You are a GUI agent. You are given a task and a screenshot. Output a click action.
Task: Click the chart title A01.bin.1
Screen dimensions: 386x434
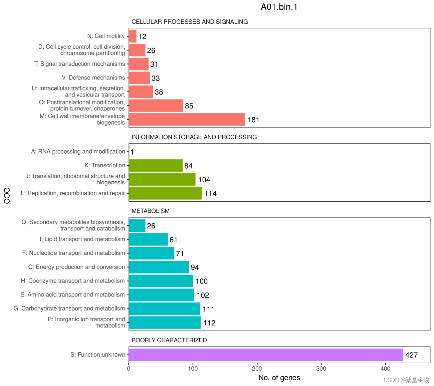[x=279, y=7]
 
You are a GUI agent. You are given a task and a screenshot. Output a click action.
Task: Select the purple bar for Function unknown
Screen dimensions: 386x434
[x=266, y=355]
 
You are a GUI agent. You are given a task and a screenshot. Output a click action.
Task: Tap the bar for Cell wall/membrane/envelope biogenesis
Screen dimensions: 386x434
[x=187, y=120]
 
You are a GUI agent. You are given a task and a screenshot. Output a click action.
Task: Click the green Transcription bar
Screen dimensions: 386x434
[x=156, y=166]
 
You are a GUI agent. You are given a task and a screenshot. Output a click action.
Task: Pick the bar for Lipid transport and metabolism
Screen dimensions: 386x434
[x=148, y=239]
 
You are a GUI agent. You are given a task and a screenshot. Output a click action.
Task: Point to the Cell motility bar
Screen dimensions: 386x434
[x=133, y=36]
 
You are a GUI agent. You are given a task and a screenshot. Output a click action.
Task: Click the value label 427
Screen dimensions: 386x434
[x=411, y=355]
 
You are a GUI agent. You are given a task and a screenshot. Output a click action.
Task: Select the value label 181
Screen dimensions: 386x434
[x=253, y=120]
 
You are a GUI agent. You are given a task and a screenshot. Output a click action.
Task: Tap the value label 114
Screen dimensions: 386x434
[x=210, y=194]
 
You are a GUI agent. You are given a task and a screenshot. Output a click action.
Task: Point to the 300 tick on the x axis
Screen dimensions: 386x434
[x=321, y=369]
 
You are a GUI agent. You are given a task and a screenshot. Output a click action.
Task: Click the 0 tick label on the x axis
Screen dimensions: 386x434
[x=129, y=369]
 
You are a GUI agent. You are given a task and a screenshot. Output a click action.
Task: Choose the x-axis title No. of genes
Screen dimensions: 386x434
[x=279, y=378]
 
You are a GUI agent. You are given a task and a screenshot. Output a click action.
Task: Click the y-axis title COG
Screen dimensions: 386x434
[x=7, y=195]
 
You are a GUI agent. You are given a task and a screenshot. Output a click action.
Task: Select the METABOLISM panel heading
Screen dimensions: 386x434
[x=151, y=211]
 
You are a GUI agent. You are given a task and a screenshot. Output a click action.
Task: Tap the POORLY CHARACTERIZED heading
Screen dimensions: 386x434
[x=169, y=340]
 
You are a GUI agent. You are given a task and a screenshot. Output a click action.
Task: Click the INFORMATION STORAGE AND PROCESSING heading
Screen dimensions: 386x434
[x=194, y=137]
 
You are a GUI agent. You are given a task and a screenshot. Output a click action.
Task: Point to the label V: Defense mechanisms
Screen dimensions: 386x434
[x=93, y=78]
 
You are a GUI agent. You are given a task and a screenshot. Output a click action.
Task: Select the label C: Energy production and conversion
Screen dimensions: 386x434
[x=77, y=267]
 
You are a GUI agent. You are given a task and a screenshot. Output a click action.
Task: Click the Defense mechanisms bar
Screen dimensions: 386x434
[x=139, y=78]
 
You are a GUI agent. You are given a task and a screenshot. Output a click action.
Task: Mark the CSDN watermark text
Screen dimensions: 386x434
[x=406, y=380]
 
